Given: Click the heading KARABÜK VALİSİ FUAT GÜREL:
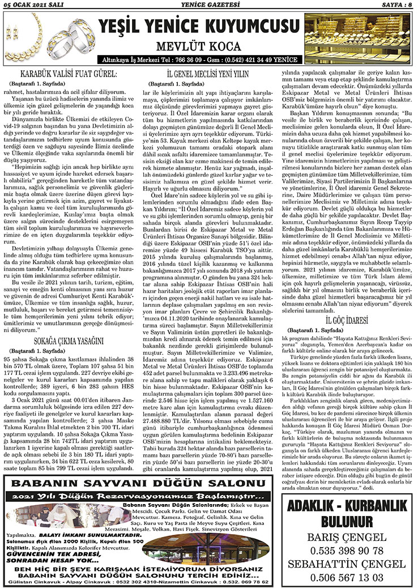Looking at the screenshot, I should click(x=69, y=74).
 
